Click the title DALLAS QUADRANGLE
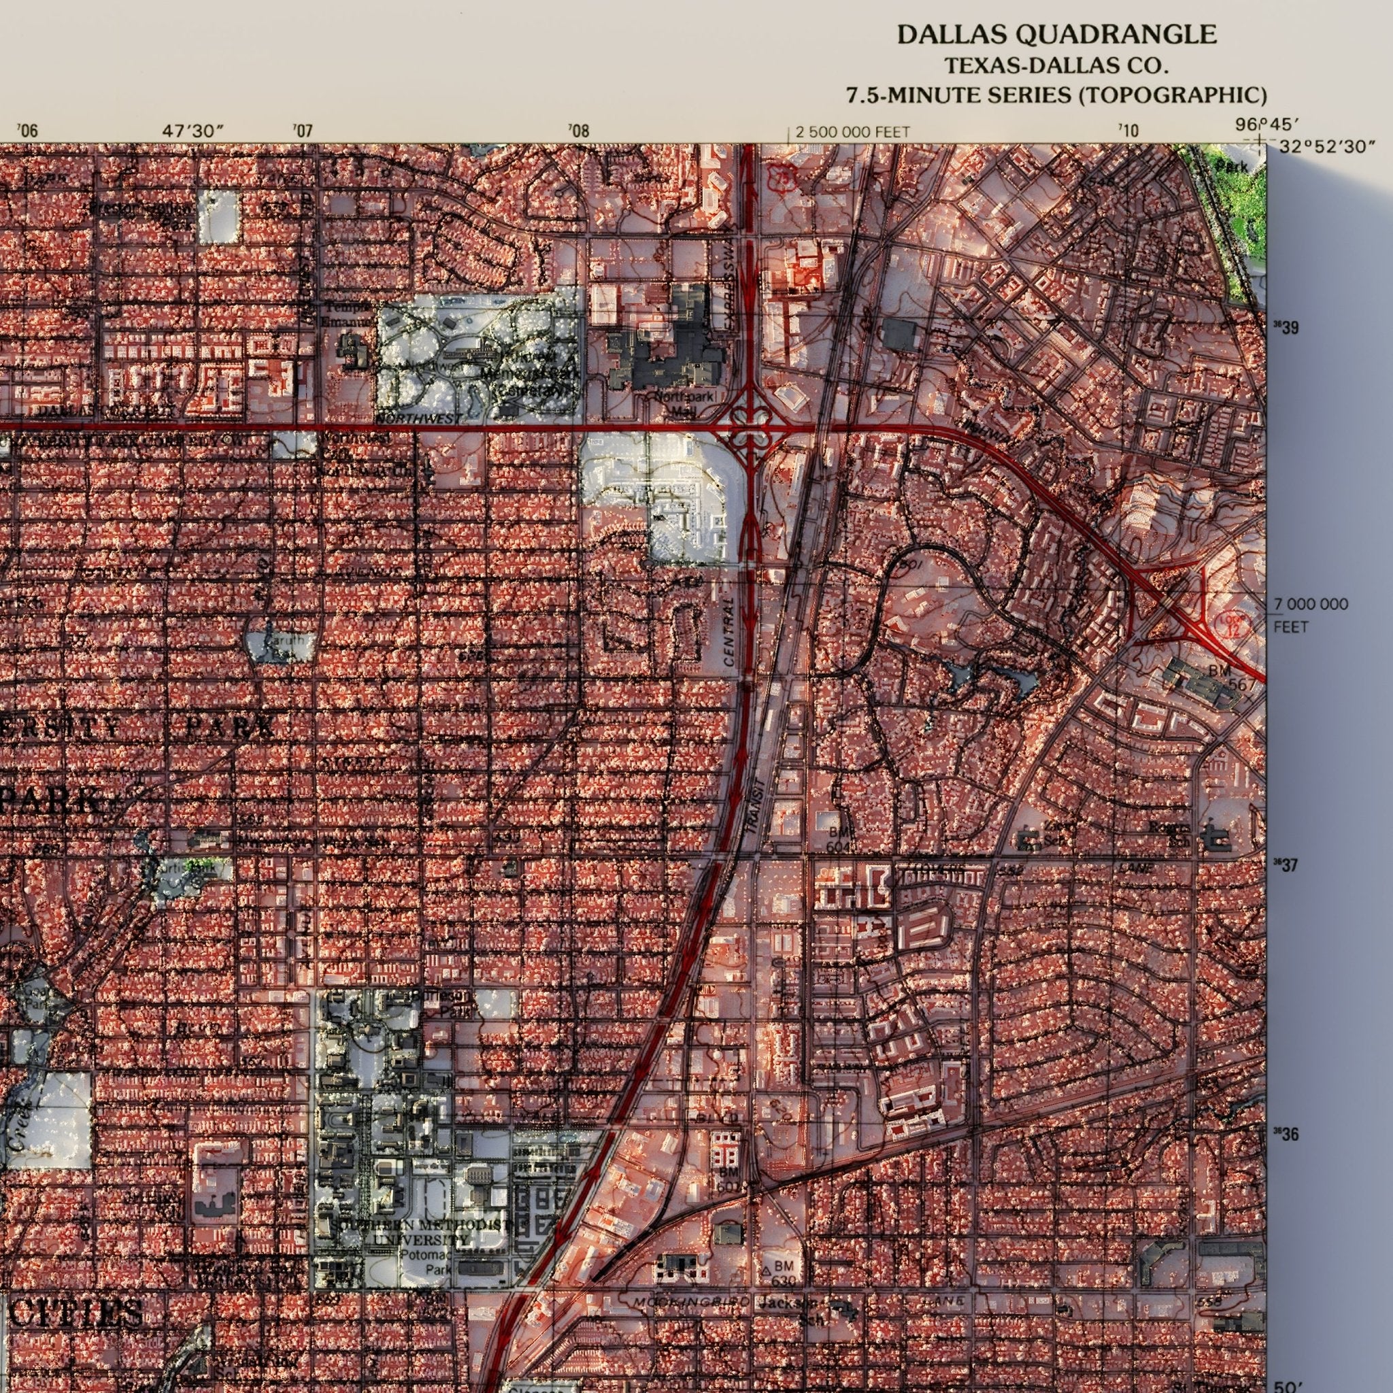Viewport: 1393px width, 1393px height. pos(1056,34)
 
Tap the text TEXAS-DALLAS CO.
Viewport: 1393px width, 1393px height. pos(1056,65)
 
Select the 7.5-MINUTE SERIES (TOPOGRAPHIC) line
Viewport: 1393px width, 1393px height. pos(1056,95)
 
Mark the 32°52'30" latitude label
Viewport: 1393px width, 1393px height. pos(1326,147)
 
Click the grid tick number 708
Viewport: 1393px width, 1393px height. pos(578,131)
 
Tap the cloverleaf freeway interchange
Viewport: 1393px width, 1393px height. pos(749,429)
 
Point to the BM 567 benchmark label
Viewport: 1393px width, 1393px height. pos(1230,677)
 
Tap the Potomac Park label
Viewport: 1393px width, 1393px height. pos(429,1262)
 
